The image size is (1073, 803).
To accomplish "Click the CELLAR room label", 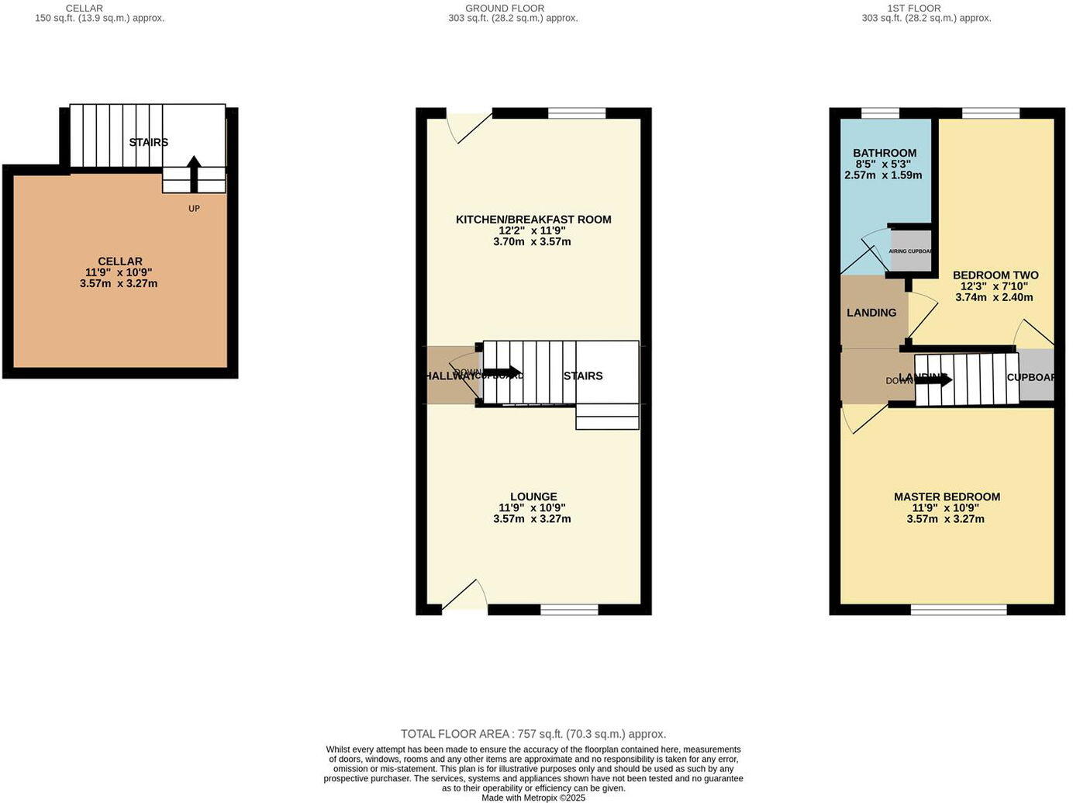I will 119,261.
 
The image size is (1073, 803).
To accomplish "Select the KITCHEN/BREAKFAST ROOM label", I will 533,220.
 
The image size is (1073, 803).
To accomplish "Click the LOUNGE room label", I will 533,497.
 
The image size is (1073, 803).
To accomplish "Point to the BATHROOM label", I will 885,153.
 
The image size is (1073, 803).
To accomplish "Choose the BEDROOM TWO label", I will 995,275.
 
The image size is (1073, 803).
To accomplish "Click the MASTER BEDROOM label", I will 947,497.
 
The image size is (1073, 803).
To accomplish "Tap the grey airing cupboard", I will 910,251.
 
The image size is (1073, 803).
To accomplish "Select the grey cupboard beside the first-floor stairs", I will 1036,376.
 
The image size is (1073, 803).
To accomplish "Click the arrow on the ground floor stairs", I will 502,372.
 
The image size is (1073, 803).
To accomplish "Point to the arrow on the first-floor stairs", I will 933,379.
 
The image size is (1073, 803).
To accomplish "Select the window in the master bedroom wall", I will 958,610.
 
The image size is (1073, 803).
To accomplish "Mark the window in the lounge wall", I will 569,610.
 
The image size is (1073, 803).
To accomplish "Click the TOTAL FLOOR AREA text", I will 533,734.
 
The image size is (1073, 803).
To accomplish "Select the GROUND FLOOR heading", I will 505,9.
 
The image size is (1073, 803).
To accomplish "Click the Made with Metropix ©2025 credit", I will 533,798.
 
